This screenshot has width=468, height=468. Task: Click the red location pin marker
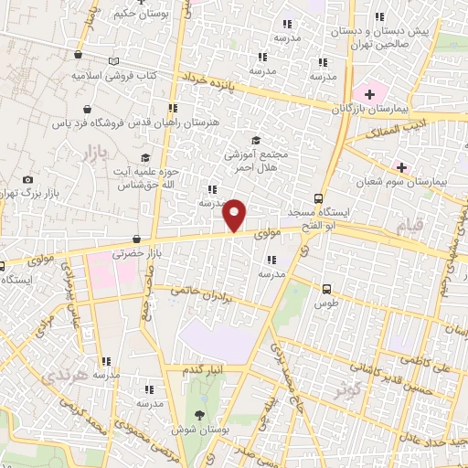(235, 216)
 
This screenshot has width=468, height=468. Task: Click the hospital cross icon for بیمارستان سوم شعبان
(400, 166)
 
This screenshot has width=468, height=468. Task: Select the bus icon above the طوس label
(326, 288)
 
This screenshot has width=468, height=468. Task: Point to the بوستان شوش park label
(199, 427)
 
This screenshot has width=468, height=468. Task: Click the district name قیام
(407, 224)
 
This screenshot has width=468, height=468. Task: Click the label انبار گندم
(204, 368)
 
